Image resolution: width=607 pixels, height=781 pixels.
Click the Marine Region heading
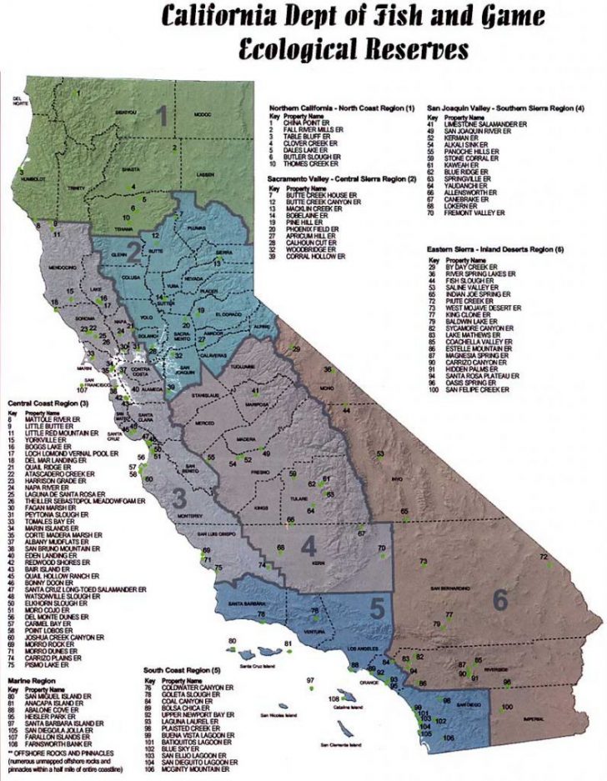(x=28, y=680)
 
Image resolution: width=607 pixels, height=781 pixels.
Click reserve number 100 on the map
(x=508, y=708)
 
